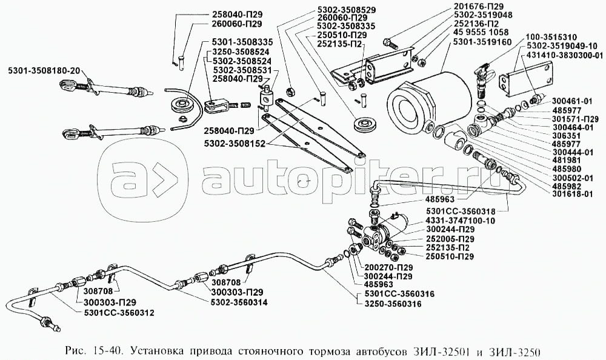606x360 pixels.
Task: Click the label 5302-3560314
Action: point(239,302)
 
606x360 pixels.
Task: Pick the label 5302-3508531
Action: point(241,70)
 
